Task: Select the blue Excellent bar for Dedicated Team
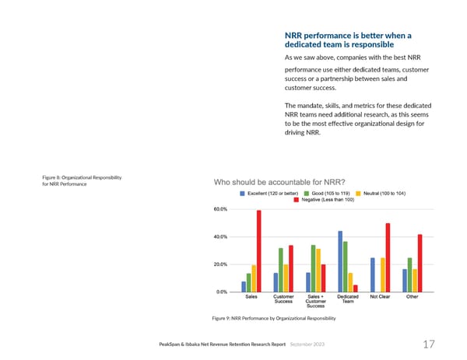[340, 261]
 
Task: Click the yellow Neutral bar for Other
[415, 280]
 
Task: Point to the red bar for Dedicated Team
[356, 288]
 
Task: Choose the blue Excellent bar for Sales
[244, 286]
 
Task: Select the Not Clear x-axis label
[381, 296]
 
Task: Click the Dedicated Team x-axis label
[348, 299]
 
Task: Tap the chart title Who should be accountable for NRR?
[279, 183]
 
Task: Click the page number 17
[428, 343]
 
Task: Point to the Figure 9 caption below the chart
[275, 319]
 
